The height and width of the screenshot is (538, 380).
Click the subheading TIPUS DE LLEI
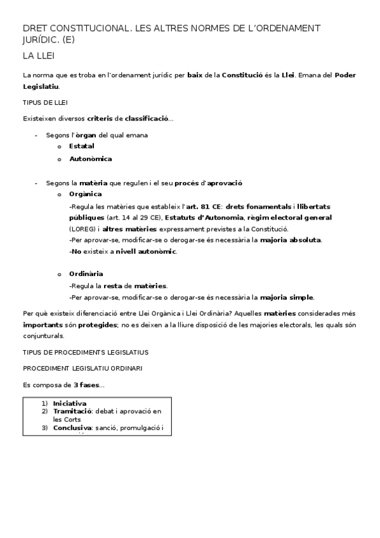click(x=45, y=102)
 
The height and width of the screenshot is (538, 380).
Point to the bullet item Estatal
click(x=81, y=146)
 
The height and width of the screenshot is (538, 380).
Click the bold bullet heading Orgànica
click(x=85, y=194)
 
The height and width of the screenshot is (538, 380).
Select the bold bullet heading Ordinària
click(x=86, y=273)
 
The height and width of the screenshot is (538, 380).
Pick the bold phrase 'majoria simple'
click(x=287, y=297)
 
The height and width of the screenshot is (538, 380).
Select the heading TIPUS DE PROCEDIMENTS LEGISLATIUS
click(x=86, y=351)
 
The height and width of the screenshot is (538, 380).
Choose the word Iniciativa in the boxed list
click(x=70, y=403)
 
